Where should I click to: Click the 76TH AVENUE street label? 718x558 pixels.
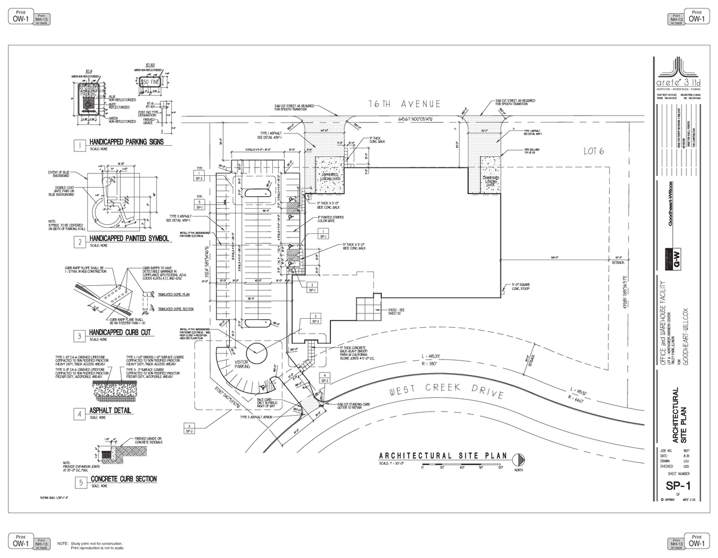click(x=404, y=103)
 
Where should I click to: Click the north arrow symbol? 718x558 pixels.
click(x=518, y=459)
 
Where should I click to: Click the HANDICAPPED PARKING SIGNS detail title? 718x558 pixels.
click(x=126, y=142)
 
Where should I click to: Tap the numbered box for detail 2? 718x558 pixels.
click(x=78, y=242)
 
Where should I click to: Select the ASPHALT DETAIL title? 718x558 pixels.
click(x=111, y=411)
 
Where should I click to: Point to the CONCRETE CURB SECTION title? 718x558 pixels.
click(x=123, y=479)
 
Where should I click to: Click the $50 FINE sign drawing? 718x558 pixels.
click(x=150, y=81)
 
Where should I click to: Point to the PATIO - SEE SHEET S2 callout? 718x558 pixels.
click(x=396, y=311)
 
